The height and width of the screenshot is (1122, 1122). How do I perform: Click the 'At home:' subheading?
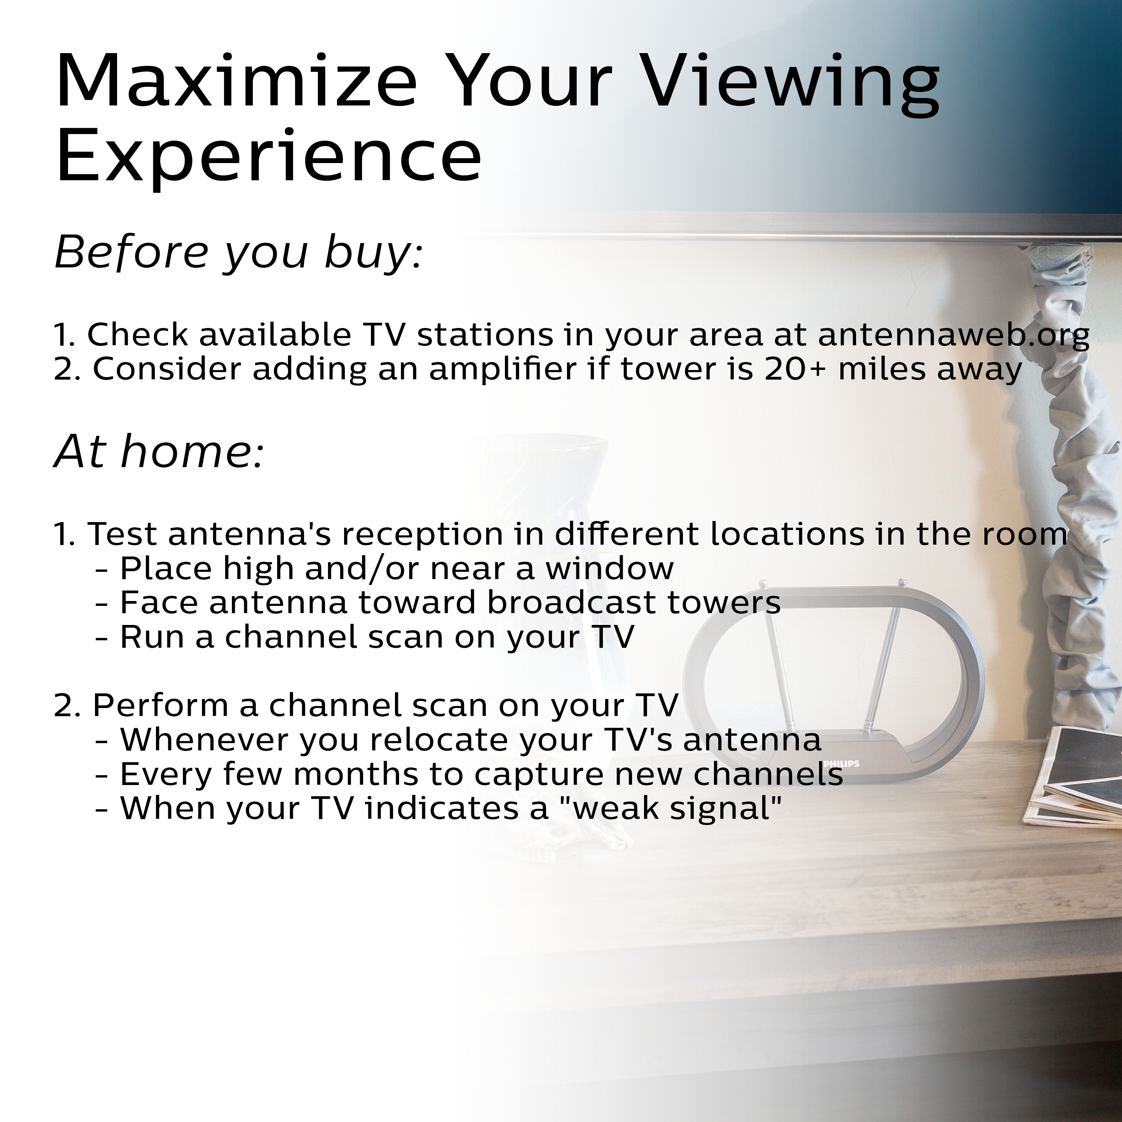coord(159,451)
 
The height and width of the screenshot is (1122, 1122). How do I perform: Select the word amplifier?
coord(506,370)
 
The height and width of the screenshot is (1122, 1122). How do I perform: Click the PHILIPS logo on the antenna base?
coord(841,764)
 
